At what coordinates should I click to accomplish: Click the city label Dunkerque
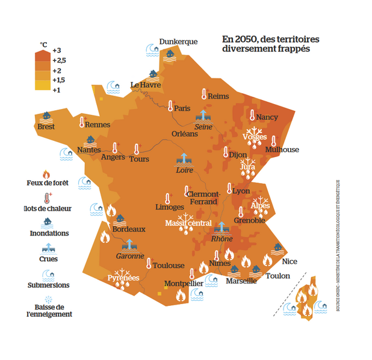click(178, 42)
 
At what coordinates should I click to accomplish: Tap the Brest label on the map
click(46, 126)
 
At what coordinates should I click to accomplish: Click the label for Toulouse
click(169, 265)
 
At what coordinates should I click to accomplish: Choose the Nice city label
click(290, 261)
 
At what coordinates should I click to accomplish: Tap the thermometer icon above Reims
click(205, 95)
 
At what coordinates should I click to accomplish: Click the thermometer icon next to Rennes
click(82, 122)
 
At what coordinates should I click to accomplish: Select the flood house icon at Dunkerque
click(170, 54)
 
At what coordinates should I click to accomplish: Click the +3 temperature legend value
click(57, 50)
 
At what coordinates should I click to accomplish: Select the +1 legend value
click(57, 90)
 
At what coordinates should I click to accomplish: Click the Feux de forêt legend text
click(49, 183)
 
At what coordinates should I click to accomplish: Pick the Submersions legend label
click(49, 285)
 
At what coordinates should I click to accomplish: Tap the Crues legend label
click(49, 259)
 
